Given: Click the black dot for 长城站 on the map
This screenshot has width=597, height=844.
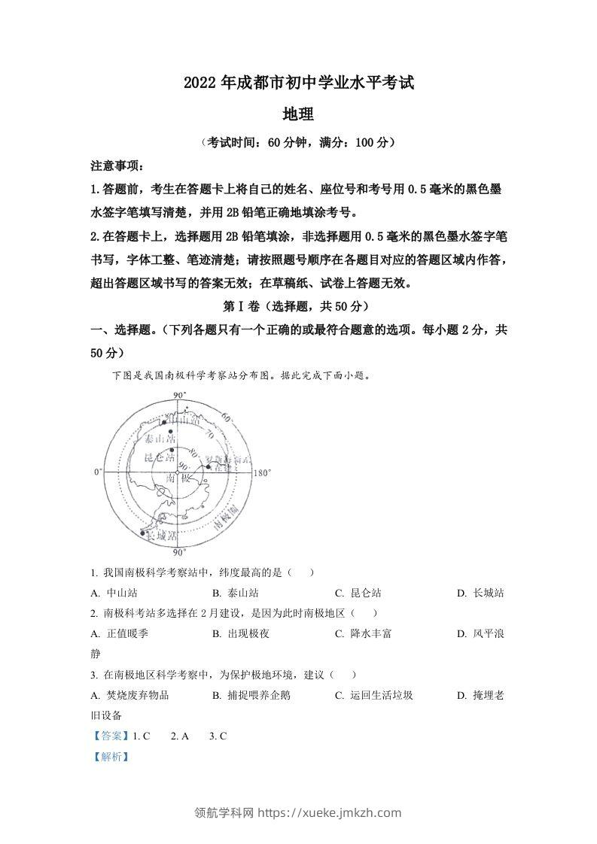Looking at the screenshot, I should (x=143, y=533).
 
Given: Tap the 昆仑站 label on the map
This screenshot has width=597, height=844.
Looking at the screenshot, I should (x=160, y=457).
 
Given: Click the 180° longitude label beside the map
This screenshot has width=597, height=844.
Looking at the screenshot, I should (x=263, y=473).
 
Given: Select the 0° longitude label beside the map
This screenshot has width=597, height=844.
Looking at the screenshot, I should (x=97, y=472).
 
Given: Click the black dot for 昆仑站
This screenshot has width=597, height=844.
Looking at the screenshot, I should (x=172, y=448).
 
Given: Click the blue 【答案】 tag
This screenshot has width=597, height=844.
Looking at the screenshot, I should (x=110, y=736).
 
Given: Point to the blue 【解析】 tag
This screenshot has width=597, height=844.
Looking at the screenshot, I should (x=110, y=757).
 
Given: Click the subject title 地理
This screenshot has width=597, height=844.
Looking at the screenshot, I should (x=297, y=114).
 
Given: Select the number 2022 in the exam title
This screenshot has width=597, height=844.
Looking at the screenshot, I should (x=200, y=83).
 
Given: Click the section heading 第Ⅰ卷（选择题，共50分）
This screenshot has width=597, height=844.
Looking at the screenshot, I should (x=297, y=307).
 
